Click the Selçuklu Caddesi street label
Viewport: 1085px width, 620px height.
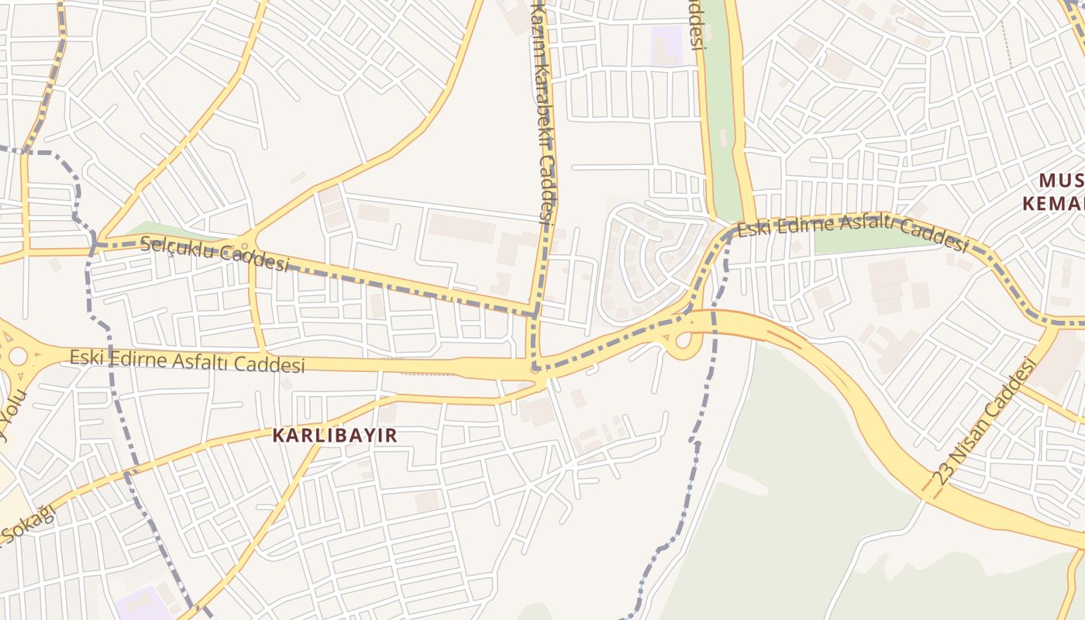click(x=215, y=255)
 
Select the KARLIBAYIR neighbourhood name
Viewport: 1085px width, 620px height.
click(x=335, y=436)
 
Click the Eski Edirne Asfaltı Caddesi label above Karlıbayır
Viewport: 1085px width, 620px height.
click(x=188, y=360)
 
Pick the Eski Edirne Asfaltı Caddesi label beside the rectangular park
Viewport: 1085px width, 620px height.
click(x=852, y=233)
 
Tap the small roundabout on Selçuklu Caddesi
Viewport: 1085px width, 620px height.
click(x=245, y=246)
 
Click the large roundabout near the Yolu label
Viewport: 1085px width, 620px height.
click(x=17, y=357)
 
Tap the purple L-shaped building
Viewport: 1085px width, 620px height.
click(x=665, y=46)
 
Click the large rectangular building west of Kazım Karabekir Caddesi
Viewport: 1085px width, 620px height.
click(x=462, y=229)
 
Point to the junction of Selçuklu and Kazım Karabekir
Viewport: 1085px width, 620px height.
click(x=535, y=313)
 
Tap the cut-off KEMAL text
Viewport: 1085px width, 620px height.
click(x=1054, y=204)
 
